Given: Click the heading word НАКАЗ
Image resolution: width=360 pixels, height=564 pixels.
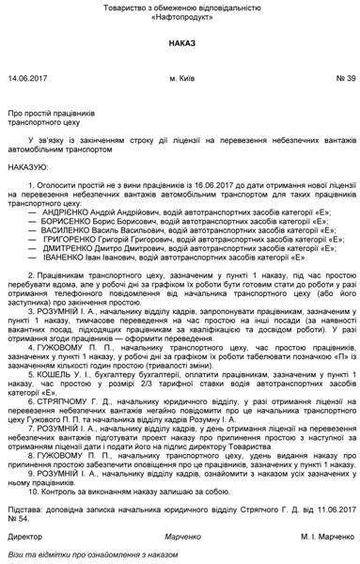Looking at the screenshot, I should point(180,43).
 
